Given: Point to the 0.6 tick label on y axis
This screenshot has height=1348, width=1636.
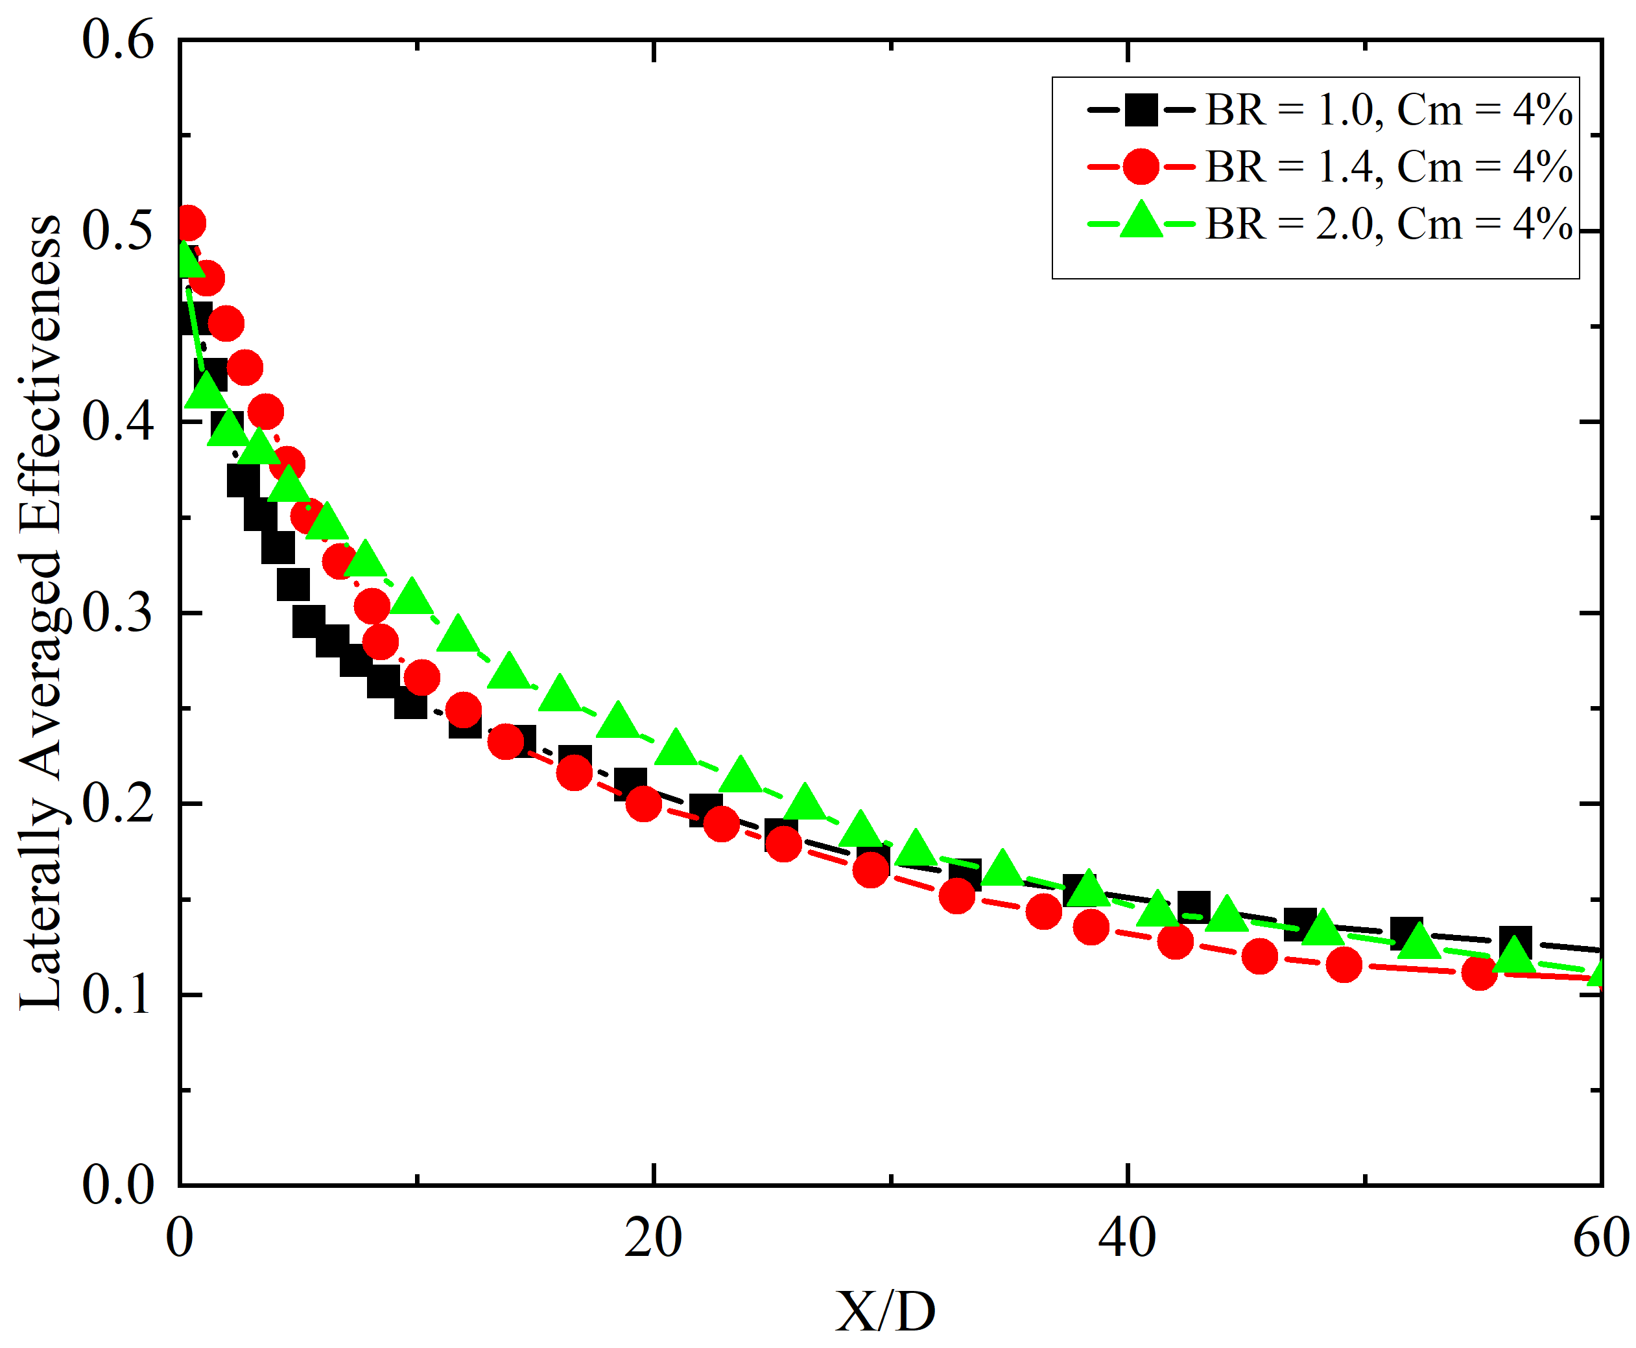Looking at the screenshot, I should [118, 40].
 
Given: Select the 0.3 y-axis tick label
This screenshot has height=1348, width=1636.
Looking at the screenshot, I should [118, 613].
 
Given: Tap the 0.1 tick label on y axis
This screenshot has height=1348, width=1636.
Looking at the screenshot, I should [118, 995].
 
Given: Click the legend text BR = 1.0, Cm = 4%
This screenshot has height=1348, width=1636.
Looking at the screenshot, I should [1389, 110].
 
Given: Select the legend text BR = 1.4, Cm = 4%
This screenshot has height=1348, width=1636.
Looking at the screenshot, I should [1389, 167].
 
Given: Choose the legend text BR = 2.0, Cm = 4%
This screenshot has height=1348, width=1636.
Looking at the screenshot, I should [1389, 224].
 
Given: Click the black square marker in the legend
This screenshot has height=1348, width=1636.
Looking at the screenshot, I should [1141, 110].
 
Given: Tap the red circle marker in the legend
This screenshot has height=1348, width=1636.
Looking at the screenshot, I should [1141, 167].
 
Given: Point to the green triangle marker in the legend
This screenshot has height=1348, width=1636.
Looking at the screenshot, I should [1141, 221].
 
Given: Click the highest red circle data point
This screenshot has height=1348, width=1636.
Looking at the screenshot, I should [189, 224].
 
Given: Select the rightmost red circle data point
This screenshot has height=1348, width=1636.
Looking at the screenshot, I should [1478, 972].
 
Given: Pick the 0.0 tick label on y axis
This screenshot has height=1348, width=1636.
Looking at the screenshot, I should [118, 1186].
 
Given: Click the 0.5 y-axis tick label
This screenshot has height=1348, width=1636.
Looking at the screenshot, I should [118, 231].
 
